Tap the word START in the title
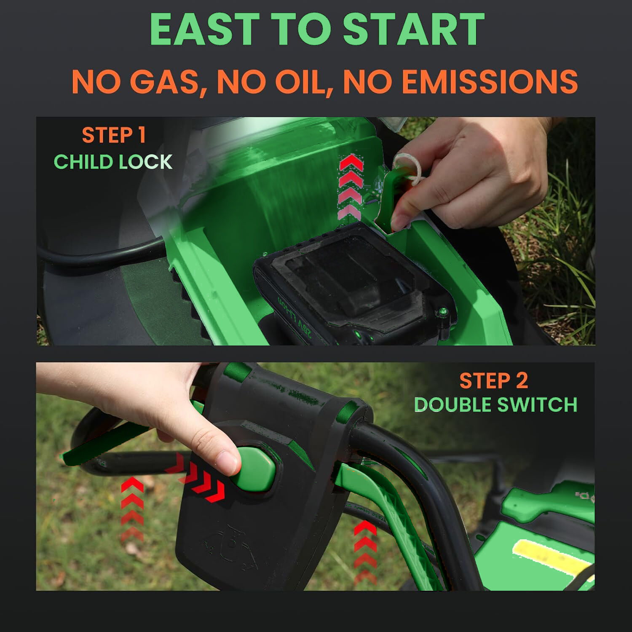pos(414,29)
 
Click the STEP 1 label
pos(114,135)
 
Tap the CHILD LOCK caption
pos(113,162)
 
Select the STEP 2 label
pos(493,381)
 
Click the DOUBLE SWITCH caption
pos(495,405)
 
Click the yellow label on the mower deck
pos(550,557)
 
